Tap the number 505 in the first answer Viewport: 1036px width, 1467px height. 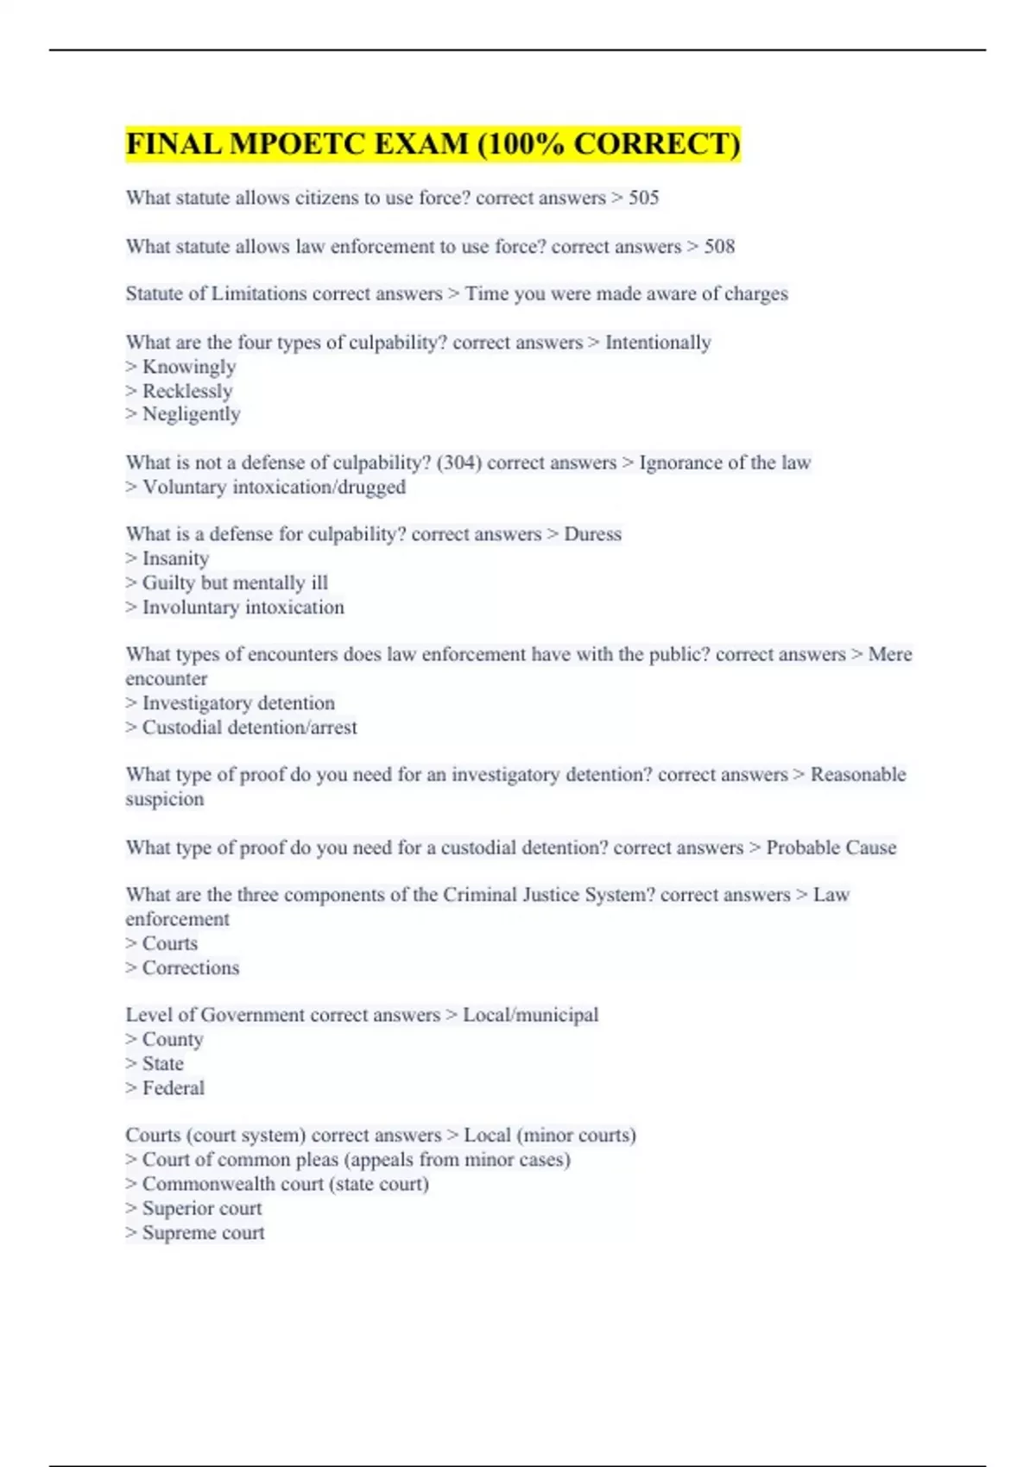click(x=643, y=198)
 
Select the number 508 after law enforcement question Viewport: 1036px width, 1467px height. click(x=719, y=247)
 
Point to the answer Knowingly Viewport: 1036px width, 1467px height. click(x=188, y=367)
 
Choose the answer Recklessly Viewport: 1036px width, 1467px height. click(x=186, y=391)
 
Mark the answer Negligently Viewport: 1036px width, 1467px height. click(x=191, y=414)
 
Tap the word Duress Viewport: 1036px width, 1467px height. click(x=592, y=534)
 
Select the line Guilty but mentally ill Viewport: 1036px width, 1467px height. click(x=234, y=583)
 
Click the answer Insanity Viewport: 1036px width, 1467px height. click(x=175, y=559)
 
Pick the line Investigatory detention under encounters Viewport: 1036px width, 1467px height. click(x=237, y=703)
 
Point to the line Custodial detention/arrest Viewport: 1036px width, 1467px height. click(x=249, y=727)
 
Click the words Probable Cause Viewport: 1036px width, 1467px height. click(x=831, y=847)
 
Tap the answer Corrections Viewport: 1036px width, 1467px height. click(x=190, y=968)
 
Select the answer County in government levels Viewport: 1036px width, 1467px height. click(x=173, y=1040)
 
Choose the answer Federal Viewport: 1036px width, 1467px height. click(x=173, y=1088)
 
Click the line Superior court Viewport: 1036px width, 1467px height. click(x=201, y=1209)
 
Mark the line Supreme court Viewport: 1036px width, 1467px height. click(x=203, y=1233)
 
